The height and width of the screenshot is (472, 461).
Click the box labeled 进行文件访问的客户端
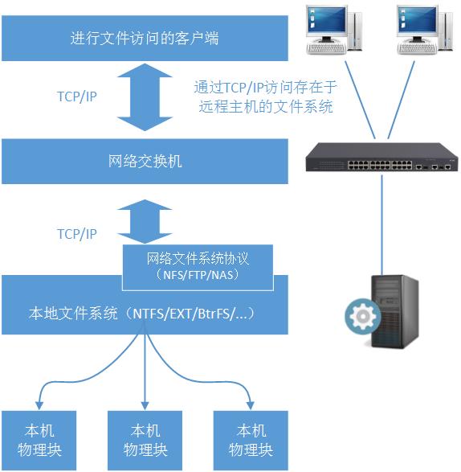[145, 38]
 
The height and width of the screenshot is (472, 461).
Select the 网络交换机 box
[145, 162]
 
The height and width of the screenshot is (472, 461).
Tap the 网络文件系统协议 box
[197, 267]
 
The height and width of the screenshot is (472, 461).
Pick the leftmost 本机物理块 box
[39, 440]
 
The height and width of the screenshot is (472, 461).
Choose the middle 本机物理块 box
[145, 440]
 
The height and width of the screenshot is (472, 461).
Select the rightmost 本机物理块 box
[251, 440]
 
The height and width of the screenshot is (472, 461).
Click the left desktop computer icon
[327, 29]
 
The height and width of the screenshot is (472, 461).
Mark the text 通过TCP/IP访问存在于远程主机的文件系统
[264, 96]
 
